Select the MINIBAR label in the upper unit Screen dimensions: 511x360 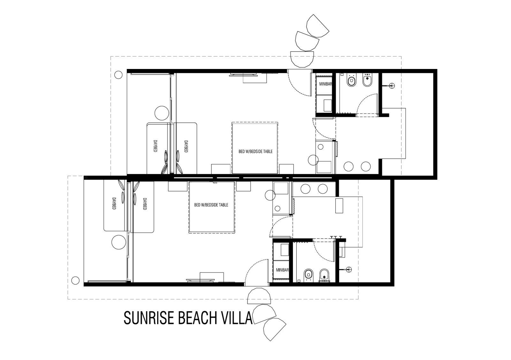coord(325,84)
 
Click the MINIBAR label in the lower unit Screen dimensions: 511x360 coord(282,270)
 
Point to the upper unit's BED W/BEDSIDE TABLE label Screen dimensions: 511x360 coord(256,151)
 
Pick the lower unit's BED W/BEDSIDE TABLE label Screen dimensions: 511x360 coord(211,205)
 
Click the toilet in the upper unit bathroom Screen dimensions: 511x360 coord(351,80)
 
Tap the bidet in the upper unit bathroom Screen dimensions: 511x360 coord(367,80)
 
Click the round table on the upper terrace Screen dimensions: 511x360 coord(162,113)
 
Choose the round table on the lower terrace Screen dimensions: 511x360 coord(118,242)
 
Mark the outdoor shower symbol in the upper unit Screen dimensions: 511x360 coord(392,86)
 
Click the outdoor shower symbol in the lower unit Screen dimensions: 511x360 coord(349,269)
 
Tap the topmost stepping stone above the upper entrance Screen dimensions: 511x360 coord(317,26)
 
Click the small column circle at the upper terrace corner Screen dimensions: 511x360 coord(118,75)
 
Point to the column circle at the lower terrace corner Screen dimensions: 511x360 coord(75,280)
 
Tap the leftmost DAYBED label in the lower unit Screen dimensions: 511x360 coord(114,203)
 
